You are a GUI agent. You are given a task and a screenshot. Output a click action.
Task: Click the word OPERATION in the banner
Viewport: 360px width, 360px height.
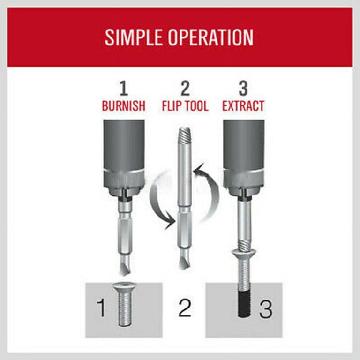click(211, 37)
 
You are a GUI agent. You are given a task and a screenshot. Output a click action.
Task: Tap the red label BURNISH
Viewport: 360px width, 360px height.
click(124, 105)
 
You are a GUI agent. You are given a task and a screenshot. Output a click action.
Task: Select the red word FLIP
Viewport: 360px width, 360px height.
click(170, 105)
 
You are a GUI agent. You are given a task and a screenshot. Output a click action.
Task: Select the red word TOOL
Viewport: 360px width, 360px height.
click(195, 105)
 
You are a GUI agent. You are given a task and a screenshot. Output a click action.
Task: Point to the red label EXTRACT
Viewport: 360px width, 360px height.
click(243, 105)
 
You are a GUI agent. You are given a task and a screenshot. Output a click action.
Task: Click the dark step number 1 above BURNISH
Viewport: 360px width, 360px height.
click(124, 89)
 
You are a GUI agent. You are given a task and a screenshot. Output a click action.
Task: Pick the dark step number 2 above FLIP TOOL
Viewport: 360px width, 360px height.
click(185, 89)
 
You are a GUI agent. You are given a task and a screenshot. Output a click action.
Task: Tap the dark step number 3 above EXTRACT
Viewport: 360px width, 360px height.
click(243, 89)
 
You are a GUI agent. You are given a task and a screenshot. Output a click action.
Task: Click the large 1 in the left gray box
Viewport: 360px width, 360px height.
click(101, 307)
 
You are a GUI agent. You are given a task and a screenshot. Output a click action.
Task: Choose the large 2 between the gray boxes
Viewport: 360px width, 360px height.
click(185, 307)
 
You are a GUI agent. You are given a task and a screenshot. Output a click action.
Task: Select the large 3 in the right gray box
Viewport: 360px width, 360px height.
click(266, 309)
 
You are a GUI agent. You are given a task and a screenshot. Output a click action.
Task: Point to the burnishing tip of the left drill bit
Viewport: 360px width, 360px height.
click(124, 266)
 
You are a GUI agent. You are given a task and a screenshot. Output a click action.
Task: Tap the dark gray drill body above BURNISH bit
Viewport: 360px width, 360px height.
click(124, 145)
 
